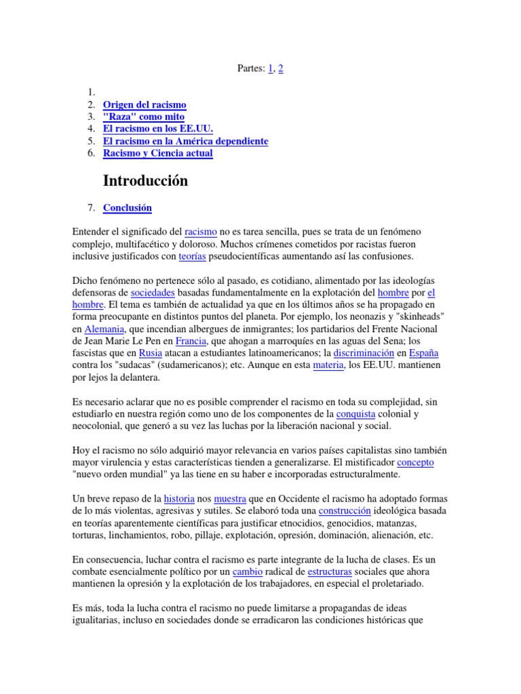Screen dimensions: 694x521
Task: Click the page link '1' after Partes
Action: coord(271,68)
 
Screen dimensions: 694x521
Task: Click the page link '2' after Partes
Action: coord(281,68)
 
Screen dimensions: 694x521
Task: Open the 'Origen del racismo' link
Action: coord(144,104)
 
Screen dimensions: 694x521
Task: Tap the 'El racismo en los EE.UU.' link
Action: coord(157,129)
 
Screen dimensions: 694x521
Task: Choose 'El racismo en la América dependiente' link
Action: coord(185,141)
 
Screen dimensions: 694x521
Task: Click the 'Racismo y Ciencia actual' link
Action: coord(157,153)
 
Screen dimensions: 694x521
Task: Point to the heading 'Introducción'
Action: coord(145,181)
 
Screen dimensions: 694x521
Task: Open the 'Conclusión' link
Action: coord(128,208)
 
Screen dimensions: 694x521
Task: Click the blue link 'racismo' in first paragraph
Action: coord(201,232)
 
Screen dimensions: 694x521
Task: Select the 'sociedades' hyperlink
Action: coord(153,292)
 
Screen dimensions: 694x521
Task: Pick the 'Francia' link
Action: coord(190,341)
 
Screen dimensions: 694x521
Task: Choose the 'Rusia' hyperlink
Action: coord(151,353)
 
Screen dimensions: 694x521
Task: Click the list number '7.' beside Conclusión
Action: coord(92,208)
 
